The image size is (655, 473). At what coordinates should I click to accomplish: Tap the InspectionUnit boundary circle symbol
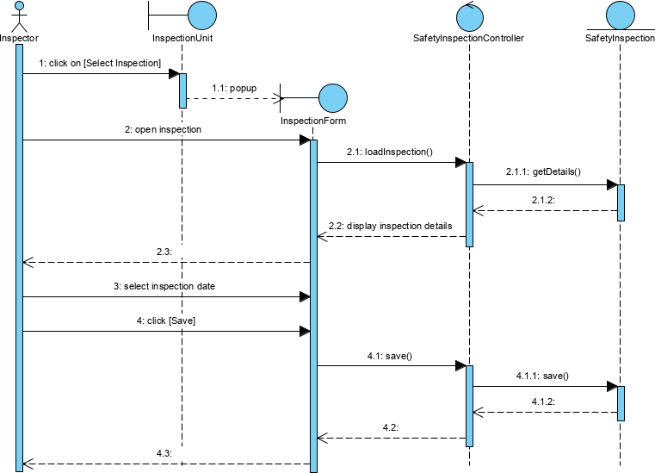pyautogui.click(x=201, y=15)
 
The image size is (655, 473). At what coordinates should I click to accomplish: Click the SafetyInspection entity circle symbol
pyautogui.click(x=620, y=15)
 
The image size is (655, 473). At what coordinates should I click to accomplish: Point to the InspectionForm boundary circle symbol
pyautogui.click(x=332, y=97)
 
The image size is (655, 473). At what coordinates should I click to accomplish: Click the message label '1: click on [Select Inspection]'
pyautogui.click(x=100, y=63)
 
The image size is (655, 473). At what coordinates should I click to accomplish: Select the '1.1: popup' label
pyautogui.click(x=233, y=88)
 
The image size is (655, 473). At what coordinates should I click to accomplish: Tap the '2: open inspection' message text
pyautogui.click(x=163, y=129)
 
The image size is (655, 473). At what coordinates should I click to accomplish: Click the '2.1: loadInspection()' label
pyautogui.click(x=389, y=152)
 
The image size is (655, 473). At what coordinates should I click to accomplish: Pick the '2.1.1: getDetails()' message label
pyautogui.click(x=543, y=172)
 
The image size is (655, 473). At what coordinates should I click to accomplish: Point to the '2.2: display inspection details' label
pyautogui.click(x=390, y=226)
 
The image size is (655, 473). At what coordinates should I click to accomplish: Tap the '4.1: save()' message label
pyautogui.click(x=390, y=355)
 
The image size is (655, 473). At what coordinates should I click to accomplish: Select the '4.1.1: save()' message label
pyautogui.click(x=543, y=376)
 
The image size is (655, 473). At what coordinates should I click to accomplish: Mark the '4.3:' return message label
pyautogui.click(x=164, y=452)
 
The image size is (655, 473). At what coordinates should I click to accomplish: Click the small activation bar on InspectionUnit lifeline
pyautogui.click(x=182, y=90)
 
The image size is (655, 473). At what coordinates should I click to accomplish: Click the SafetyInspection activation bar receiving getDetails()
pyautogui.click(x=620, y=202)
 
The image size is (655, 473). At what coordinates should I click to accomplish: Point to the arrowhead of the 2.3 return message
pyautogui.click(x=26, y=262)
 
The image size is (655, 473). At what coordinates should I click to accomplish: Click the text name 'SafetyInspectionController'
pyautogui.click(x=468, y=39)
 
